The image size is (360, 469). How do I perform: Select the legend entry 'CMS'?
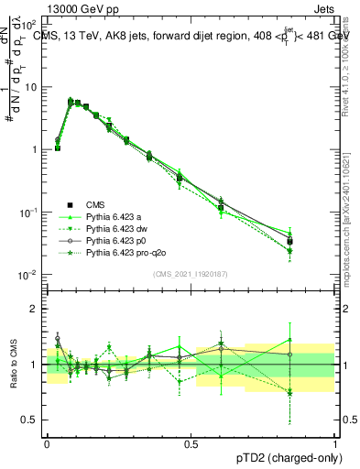(x=96, y=204)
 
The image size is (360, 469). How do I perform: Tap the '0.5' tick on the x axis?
(x=191, y=442)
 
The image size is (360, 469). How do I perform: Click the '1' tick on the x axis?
(x=334, y=442)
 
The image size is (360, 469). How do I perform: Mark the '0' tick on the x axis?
(x=47, y=442)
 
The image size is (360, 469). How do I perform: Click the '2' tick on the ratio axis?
(x=36, y=309)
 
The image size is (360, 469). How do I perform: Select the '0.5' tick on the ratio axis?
(x=31, y=420)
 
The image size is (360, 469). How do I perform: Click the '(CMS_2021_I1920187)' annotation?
(x=190, y=274)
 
